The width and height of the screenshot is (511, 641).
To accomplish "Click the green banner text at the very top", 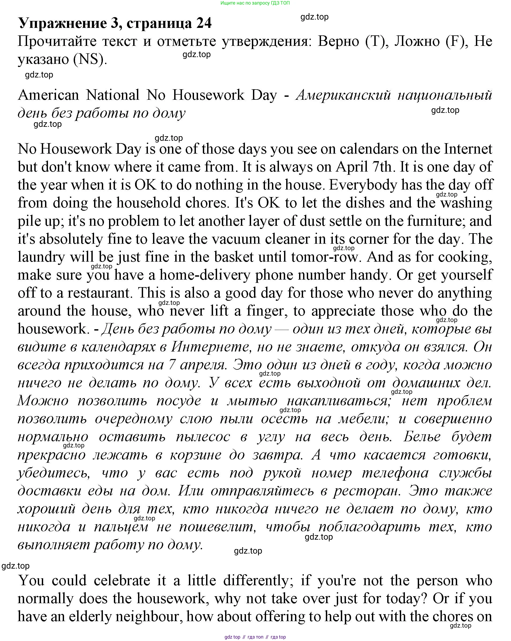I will pyautogui.click(x=255, y=3).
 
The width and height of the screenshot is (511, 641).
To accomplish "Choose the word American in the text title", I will pyautogui.click(x=49, y=95).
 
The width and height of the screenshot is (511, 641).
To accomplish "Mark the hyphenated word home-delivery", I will pyautogui.click(x=205, y=275).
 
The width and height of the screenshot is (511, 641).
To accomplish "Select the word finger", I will pyautogui.click(x=267, y=311).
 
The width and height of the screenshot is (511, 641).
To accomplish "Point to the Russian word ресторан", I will pyautogui.click(x=367, y=491).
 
